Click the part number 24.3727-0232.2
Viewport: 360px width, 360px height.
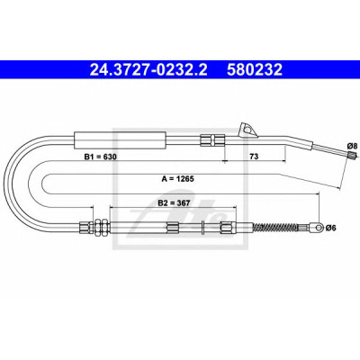(x=148, y=70)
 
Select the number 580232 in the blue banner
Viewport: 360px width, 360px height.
(x=255, y=70)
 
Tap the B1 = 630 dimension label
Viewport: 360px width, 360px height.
(x=100, y=157)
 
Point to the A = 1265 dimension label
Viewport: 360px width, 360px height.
(x=178, y=179)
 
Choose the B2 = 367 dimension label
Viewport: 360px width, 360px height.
(x=174, y=203)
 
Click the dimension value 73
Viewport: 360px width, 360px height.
(x=254, y=157)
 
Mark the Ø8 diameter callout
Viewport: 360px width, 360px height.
(x=352, y=146)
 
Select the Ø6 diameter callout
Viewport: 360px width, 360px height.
(x=331, y=229)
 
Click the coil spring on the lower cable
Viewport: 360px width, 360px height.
(x=276, y=228)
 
